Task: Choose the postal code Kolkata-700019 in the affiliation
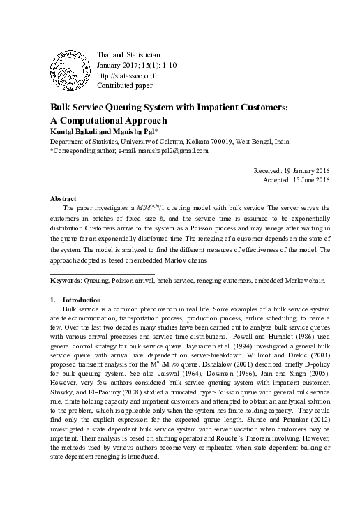pos(212,140)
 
